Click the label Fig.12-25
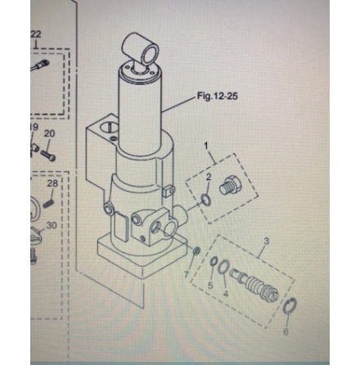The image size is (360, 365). point(217,97)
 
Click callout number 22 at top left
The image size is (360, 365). point(35,34)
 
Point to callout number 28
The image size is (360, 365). point(52,184)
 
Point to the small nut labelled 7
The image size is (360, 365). point(196,251)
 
